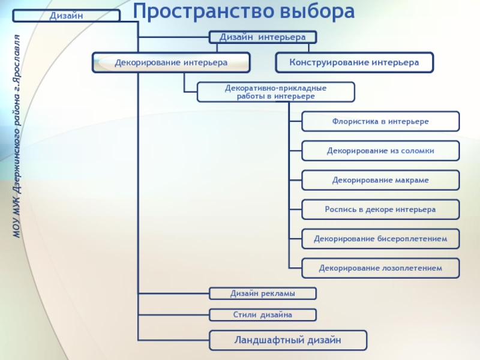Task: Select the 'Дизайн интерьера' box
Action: tap(262, 37)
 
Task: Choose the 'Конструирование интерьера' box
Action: tap(354, 62)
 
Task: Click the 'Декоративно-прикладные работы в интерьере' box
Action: tap(276, 92)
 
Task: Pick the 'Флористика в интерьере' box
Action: tap(380, 121)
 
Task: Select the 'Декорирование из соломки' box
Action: tap(380, 151)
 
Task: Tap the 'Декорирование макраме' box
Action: tap(380, 180)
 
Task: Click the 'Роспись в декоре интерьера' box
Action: tap(380, 209)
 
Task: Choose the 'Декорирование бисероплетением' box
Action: tap(380, 239)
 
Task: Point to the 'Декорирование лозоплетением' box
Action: tap(380, 268)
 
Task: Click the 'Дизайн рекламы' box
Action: tap(262, 293)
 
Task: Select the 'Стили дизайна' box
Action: tap(262, 314)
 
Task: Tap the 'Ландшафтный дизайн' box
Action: tap(287, 340)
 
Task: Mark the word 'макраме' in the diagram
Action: tap(412, 180)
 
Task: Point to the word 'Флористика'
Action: tap(353, 121)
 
